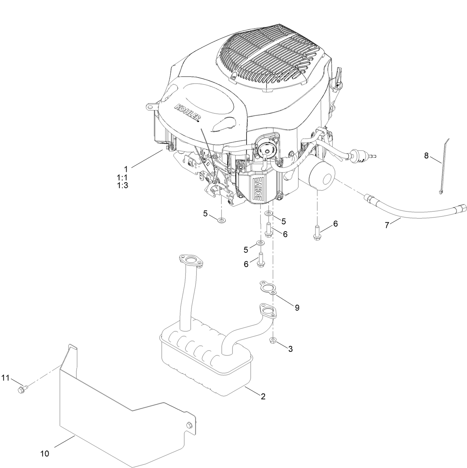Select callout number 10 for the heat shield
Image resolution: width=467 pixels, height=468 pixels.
(45, 453)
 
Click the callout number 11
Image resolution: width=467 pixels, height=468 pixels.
(5, 378)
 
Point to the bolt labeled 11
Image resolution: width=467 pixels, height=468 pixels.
(21, 389)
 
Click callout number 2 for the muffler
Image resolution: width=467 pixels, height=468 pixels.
(263, 396)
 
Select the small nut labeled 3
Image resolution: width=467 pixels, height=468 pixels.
(273, 340)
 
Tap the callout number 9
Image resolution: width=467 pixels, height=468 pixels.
(297, 307)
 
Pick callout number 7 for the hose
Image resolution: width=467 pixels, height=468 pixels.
(387, 225)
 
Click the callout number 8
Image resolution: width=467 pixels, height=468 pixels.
(427, 156)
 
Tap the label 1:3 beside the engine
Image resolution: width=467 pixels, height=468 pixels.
(123, 186)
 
